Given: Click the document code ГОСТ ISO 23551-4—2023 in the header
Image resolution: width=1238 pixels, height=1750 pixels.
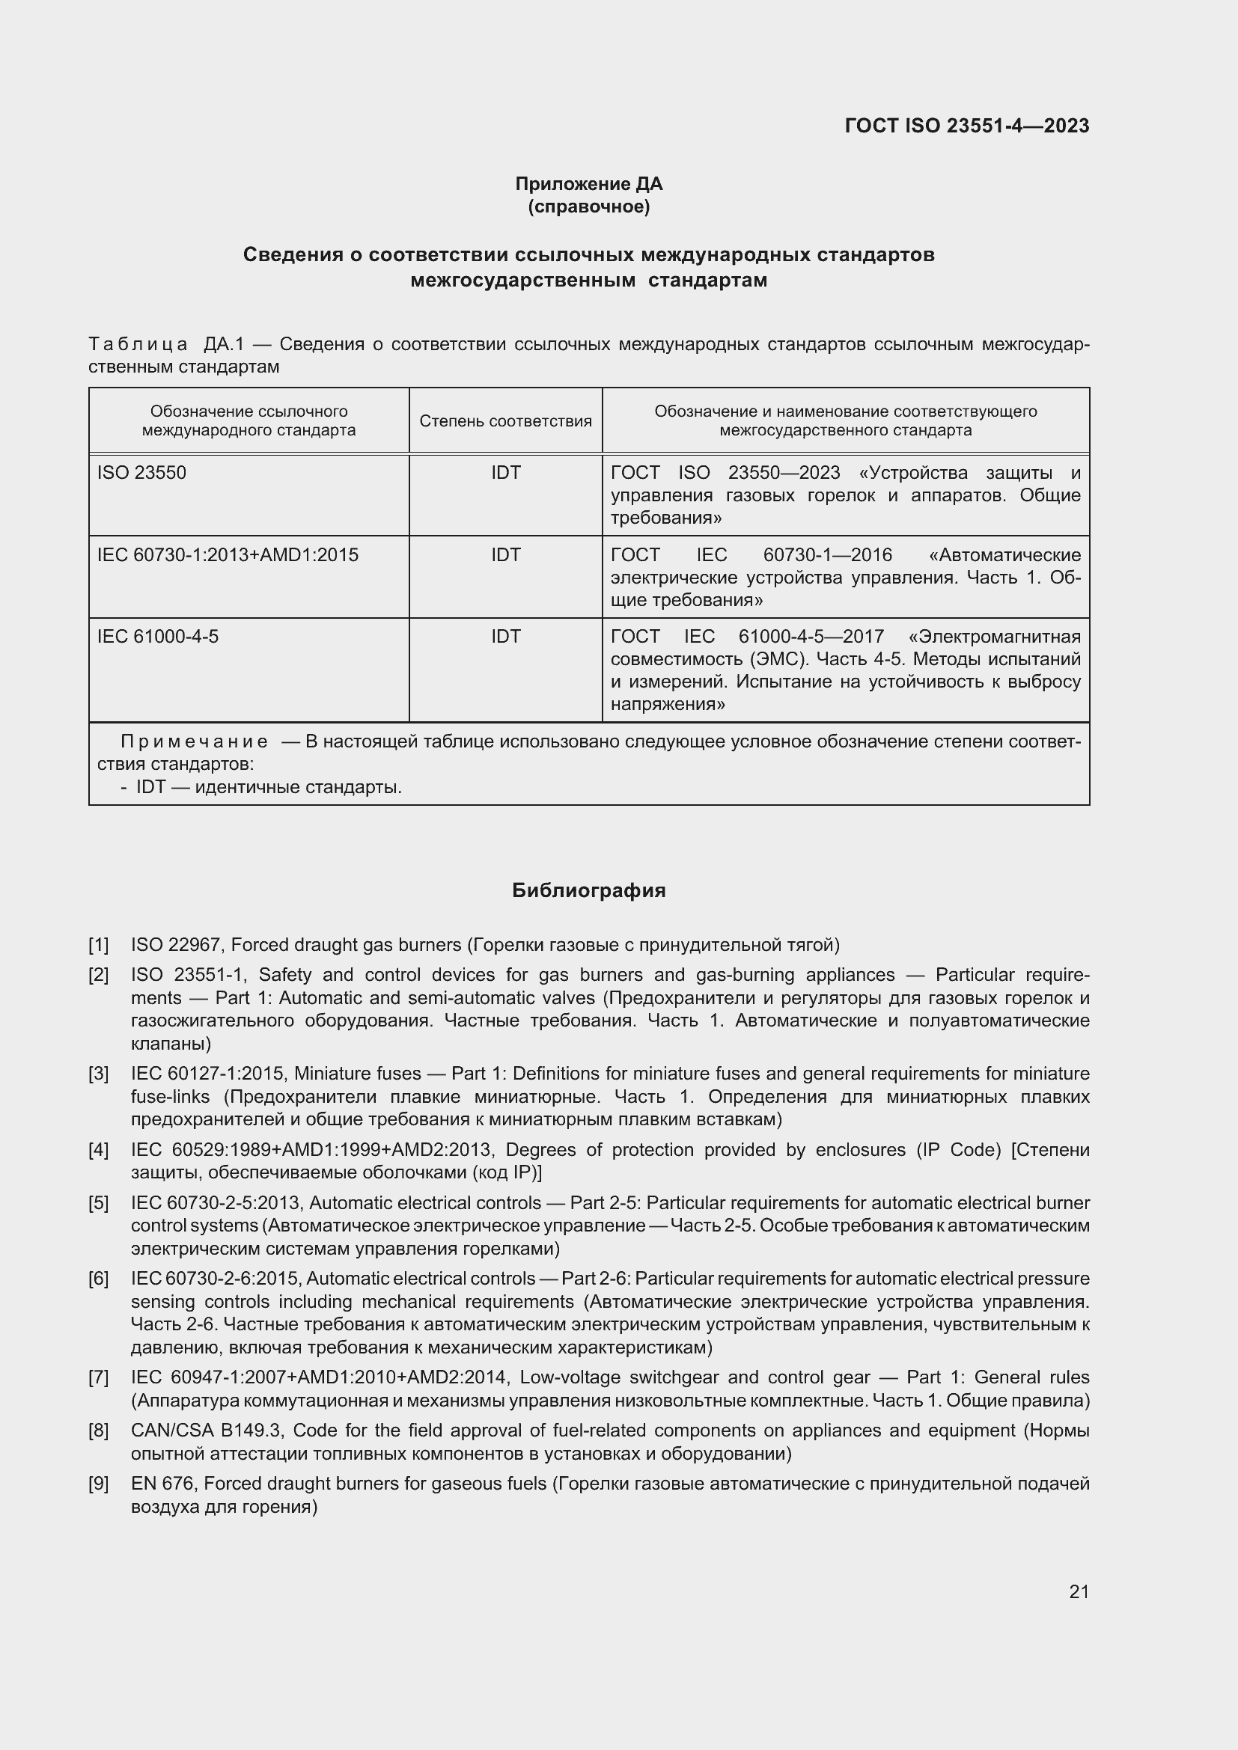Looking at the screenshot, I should (966, 126).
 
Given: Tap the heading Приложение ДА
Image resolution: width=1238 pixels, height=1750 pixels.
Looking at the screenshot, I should (588, 184).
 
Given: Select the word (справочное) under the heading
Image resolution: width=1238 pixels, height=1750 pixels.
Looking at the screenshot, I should (588, 206).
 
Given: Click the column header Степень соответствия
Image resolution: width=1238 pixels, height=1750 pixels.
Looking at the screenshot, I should (505, 421).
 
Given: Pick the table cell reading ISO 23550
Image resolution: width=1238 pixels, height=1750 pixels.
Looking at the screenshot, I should (141, 473).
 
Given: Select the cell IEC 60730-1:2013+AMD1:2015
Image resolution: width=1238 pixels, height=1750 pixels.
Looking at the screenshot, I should (228, 555).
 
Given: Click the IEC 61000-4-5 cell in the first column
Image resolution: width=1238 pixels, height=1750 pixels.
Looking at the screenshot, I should (158, 637).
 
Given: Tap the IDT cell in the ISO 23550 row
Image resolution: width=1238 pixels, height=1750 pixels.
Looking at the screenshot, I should (505, 473).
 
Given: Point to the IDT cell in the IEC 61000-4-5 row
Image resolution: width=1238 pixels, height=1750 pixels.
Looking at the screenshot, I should (505, 637).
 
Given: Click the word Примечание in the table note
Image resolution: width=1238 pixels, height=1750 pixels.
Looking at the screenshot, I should (195, 741).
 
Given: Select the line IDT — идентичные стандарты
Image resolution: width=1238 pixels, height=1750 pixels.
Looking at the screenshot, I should (269, 786).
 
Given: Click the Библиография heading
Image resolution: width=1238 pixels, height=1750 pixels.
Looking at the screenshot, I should (588, 890).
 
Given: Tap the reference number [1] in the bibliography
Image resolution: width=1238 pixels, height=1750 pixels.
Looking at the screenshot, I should (99, 945).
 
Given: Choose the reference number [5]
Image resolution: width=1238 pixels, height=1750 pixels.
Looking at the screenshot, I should (99, 1203).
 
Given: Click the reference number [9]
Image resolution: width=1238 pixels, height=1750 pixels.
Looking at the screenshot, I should (99, 1483).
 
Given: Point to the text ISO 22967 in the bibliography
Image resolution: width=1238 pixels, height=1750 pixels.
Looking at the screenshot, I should (175, 945).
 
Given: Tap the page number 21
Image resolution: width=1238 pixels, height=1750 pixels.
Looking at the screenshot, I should (1079, 1591).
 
